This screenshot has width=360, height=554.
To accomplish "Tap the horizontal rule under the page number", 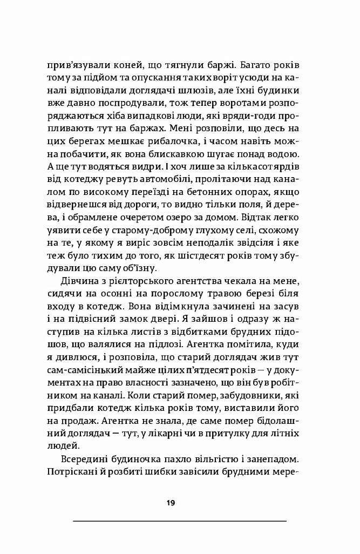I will click(179, 521).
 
